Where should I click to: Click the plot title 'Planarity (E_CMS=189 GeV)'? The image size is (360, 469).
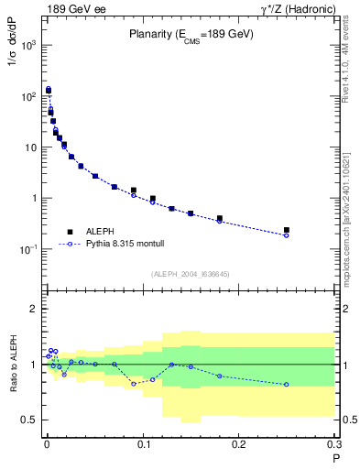click(190, 36)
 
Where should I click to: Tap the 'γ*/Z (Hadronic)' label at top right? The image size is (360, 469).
click(297, 9)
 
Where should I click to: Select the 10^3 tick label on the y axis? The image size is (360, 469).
click(27, 45)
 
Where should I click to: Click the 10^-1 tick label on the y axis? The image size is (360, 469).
click(27, 249)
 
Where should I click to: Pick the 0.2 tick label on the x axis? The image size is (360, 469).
click(239, 447)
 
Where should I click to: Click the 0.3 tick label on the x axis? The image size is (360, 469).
click(334, 447)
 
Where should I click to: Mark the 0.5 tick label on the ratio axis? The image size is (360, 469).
click(28, 420)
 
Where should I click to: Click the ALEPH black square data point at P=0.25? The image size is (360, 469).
click(287, 230)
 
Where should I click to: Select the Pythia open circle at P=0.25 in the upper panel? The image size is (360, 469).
click(287, 235)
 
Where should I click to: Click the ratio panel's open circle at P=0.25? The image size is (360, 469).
click(287, 384)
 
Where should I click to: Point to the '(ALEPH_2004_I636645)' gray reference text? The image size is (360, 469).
click(190, 274)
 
